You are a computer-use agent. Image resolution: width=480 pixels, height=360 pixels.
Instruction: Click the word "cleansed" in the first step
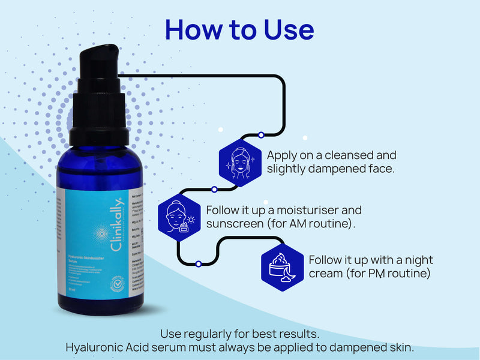coord(349,155)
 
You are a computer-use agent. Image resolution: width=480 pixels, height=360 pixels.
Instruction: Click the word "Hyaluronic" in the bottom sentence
coord(97,347)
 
